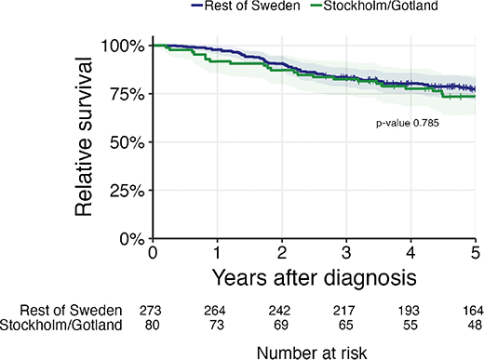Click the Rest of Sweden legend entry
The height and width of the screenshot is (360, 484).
coord(246,6)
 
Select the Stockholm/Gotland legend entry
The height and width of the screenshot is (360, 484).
coord(374,6)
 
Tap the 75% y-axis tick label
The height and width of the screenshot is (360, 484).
coord(128,95)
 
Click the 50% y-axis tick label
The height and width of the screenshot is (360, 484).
coord(128,143)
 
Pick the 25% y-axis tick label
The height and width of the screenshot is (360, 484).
coord(128,192)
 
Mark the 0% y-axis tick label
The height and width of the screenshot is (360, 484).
coord(131,240)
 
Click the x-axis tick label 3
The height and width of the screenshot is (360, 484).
coord(346,253)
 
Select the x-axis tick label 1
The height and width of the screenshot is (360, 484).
coord(217,253)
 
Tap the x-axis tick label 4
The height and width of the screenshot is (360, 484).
coord(410,253)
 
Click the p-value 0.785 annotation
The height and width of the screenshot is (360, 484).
coord(408,123)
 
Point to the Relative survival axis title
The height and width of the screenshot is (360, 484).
coord(84,137)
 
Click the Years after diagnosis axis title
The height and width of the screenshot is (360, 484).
coord(314,278)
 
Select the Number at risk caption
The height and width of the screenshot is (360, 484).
coord(312,353)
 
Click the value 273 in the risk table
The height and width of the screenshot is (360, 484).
coord(151,311)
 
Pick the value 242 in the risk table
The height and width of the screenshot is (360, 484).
coord(280,311)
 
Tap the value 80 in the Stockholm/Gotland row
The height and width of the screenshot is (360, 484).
coord(152,325)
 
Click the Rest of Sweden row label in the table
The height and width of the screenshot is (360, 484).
coord(71,311)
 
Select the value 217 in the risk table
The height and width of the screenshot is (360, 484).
coord(344,311)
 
